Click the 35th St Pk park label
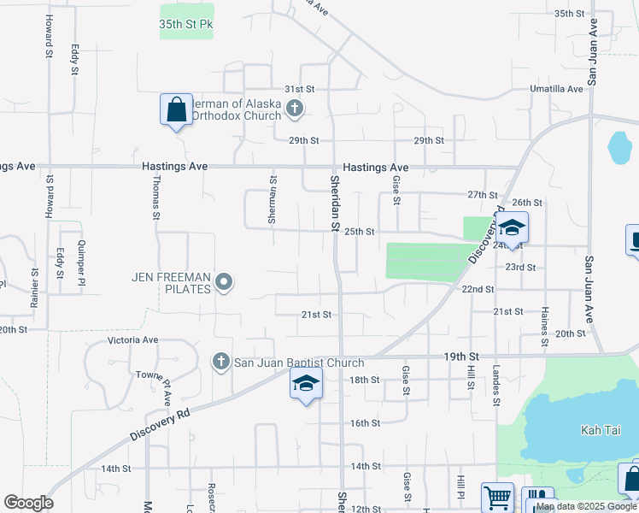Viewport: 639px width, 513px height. tap(185, 25)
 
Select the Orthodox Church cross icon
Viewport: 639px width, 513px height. tap(295, 109)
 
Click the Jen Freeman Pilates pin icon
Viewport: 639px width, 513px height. tap(224, 281)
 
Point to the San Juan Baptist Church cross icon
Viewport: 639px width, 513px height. tap(221, 362)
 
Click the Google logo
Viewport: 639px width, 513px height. tap(28, 503)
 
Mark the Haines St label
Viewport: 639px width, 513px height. tap(543, 324)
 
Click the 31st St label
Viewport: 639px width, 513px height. tap(300, 89)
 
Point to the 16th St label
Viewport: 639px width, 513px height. tap(365, 422)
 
